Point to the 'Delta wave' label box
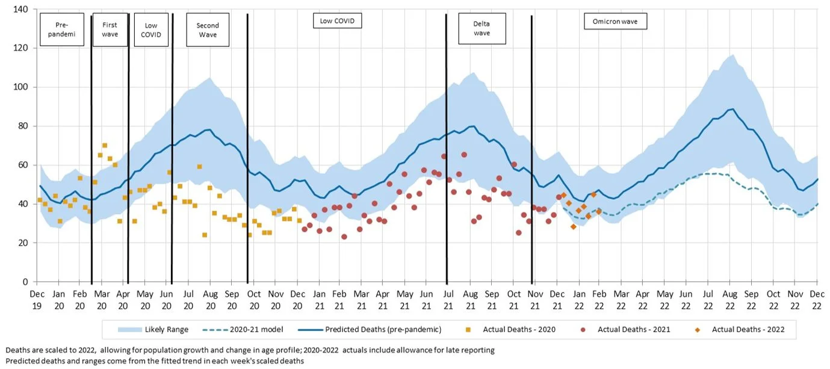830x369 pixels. click(x=482, y=29)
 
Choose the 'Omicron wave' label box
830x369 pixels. click(x=615, y=22)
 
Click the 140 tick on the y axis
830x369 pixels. click(x=22, y=10)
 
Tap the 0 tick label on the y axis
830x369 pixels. click(x=26, y=282)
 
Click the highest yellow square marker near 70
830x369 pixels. click(x=105, y=145)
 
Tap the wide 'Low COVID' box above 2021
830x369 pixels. click(x=337, y=21)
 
